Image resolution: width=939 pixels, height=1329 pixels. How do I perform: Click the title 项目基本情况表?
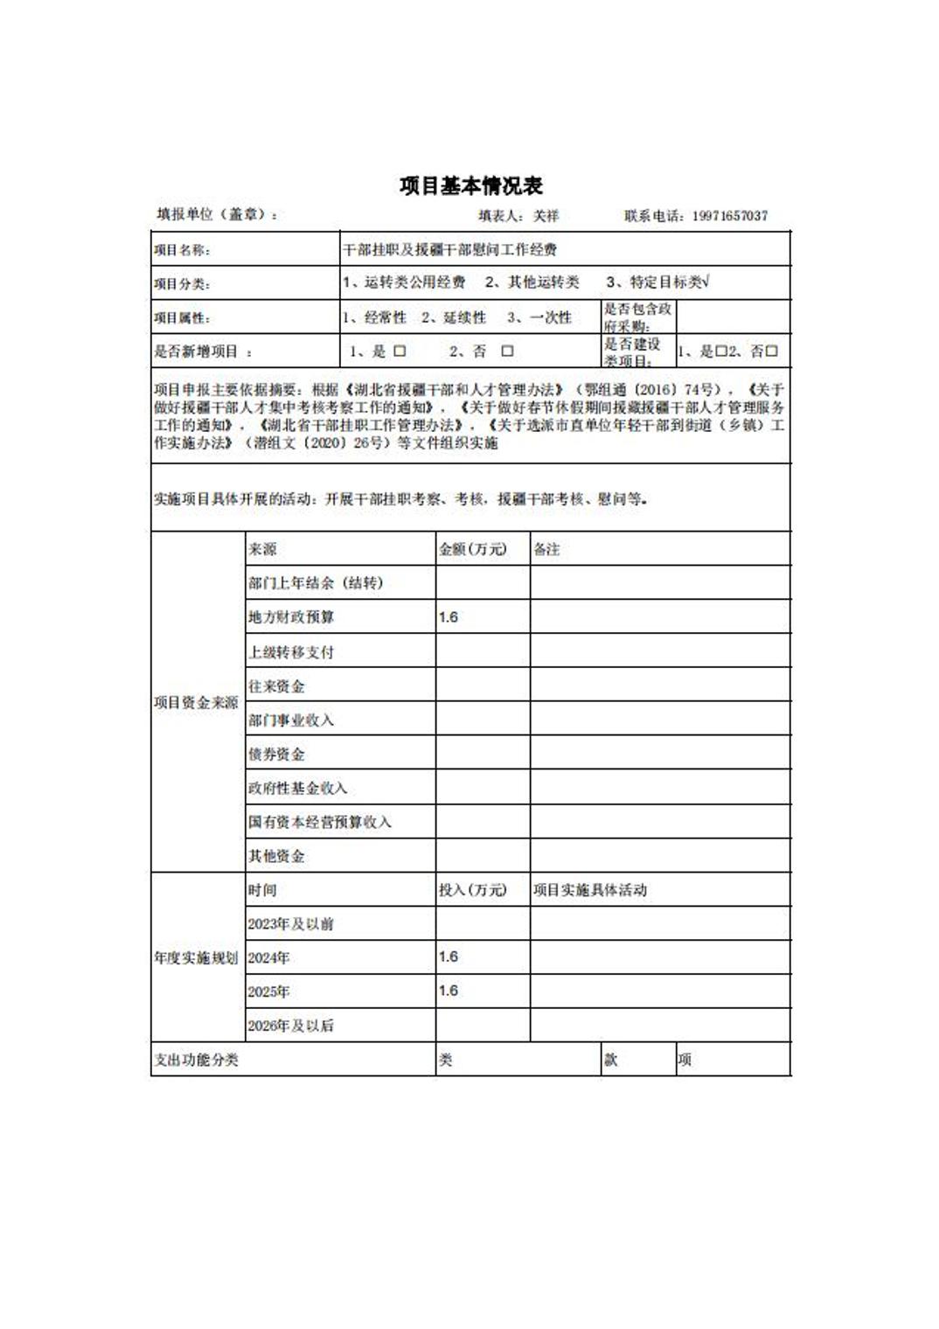point(471,185)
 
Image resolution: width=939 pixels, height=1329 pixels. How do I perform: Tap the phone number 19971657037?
point(730,216)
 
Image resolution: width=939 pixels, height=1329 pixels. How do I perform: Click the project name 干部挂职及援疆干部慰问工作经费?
point(449,250)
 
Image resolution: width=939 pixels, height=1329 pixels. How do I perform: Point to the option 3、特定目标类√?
point(657,282)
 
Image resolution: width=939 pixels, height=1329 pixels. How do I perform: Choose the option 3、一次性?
point(539,317)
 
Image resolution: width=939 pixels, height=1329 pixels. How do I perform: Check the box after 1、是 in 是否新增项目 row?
point(400,351)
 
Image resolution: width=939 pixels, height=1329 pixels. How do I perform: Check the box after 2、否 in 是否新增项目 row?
point(507,351)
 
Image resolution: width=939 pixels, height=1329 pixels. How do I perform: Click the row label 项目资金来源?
point(197,702)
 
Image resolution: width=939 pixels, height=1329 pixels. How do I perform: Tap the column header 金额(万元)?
point(472,549)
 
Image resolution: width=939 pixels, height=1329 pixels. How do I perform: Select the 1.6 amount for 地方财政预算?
point(449,617)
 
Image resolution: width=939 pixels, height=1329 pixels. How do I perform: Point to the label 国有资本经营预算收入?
point(319,822)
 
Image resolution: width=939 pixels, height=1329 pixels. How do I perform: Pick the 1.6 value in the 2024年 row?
point(449,957)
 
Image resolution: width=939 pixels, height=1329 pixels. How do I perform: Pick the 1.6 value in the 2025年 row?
point(449,991)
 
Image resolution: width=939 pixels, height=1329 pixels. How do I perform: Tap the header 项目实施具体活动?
point(590,890)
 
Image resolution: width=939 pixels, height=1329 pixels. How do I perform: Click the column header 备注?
point(546,549)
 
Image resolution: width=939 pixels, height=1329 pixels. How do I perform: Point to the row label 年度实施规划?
point(197,958)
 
